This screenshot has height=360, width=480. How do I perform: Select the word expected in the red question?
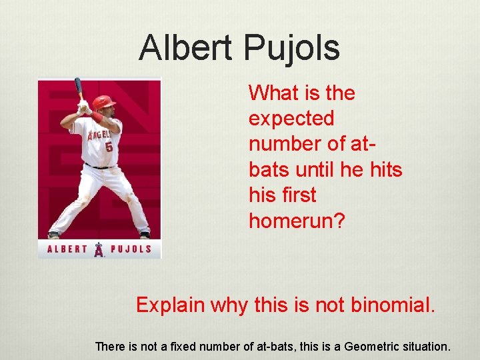pyautogui.click(x=291, y=119)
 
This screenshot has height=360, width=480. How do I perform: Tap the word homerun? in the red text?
pyautogui.click(x=297, y=221)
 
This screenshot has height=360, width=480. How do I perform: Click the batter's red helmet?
pyautogui.click(x=103, y=102)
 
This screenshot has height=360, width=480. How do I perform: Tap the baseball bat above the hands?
pyautogui.click(x=79, y=87)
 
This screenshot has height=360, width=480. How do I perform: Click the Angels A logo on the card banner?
pyautogui.click(x=99, y=250)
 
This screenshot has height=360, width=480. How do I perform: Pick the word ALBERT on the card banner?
pyautogui.click(x=67, y=250)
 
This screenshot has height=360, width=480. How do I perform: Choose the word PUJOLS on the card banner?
pyautogui.click(x=131, y=250)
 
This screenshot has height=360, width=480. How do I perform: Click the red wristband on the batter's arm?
pyautogui.click(x=97, y=117)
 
